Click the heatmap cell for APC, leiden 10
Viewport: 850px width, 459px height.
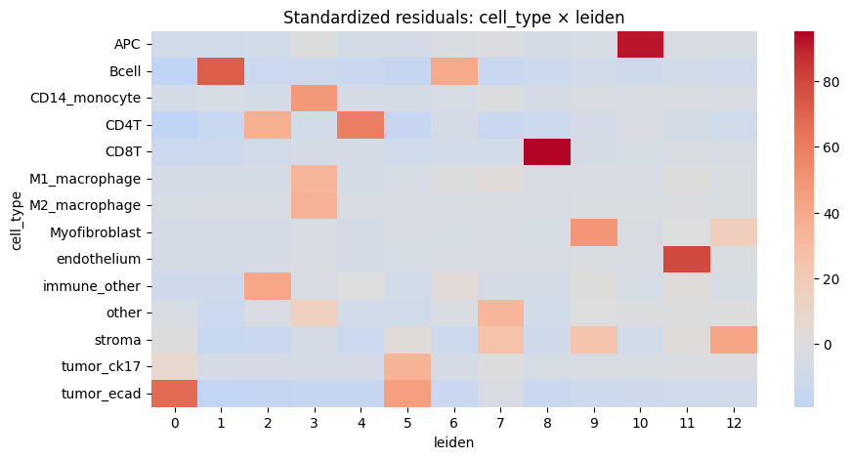pos(640,44)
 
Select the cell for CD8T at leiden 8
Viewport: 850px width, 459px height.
pos(547,151)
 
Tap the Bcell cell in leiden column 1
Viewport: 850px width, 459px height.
pos(221,71)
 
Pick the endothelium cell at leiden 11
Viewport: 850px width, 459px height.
pos(687,259)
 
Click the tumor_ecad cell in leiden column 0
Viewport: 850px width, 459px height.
pos(175,394)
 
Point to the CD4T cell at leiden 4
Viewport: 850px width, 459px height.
pos(361,125)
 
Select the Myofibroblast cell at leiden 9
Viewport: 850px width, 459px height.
pos(594,232)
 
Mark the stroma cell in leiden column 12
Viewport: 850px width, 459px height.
pos(734,340)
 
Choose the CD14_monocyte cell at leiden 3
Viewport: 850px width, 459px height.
pos(315,98)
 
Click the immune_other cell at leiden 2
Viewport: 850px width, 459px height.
pos(268,286)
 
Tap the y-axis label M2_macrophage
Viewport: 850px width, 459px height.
pos(85,205)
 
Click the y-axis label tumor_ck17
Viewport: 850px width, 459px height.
pos(102,367)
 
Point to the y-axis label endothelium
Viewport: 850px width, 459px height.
pos(100,259)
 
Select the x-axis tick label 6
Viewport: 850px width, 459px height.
pos(453,423)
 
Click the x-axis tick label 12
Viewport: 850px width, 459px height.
pos(734,423)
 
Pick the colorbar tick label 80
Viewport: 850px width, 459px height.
pos(831,82)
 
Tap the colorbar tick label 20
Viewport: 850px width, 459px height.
pos(831,279)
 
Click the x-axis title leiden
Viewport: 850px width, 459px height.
pos(453,442)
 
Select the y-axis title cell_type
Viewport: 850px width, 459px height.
pos(17,221)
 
